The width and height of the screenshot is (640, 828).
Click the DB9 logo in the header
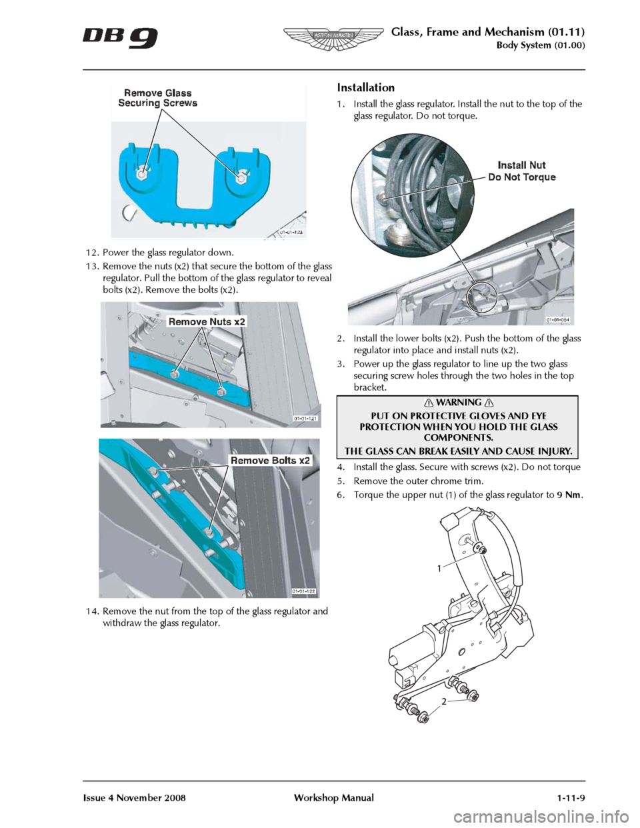click(x=120, y=37)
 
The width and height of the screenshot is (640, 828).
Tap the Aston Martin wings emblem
click(x=333, y=37)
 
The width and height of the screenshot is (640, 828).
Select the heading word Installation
click(x=365, y=87)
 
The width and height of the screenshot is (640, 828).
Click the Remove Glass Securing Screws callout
click(x=158, y=98)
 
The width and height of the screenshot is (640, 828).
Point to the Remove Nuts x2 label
click(x=207, y=321)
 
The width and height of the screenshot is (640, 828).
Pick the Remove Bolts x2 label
click(x=270, y=460)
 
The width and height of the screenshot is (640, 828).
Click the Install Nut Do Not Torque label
click(x=522, y=171)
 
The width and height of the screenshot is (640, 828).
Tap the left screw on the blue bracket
click(x=142, y=174)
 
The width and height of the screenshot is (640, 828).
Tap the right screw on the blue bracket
click(x=240, y=177)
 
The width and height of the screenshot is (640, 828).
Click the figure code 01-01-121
click(x=305, y=418)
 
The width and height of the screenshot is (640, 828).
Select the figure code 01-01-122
click(x=303, y=591)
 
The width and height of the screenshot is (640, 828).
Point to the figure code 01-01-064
click(x=559, y=319)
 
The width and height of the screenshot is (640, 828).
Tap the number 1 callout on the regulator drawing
click(x=439, y=569)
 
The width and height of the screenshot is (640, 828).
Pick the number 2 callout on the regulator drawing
click(x=443, y=701)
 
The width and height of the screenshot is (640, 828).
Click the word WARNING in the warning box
click(x=459, y=403)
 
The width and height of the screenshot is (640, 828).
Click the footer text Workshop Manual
click(x=334, y=798)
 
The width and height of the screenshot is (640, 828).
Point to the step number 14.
click(x=92, y=611)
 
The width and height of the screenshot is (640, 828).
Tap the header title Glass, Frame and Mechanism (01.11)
click(x=487, y=31)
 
